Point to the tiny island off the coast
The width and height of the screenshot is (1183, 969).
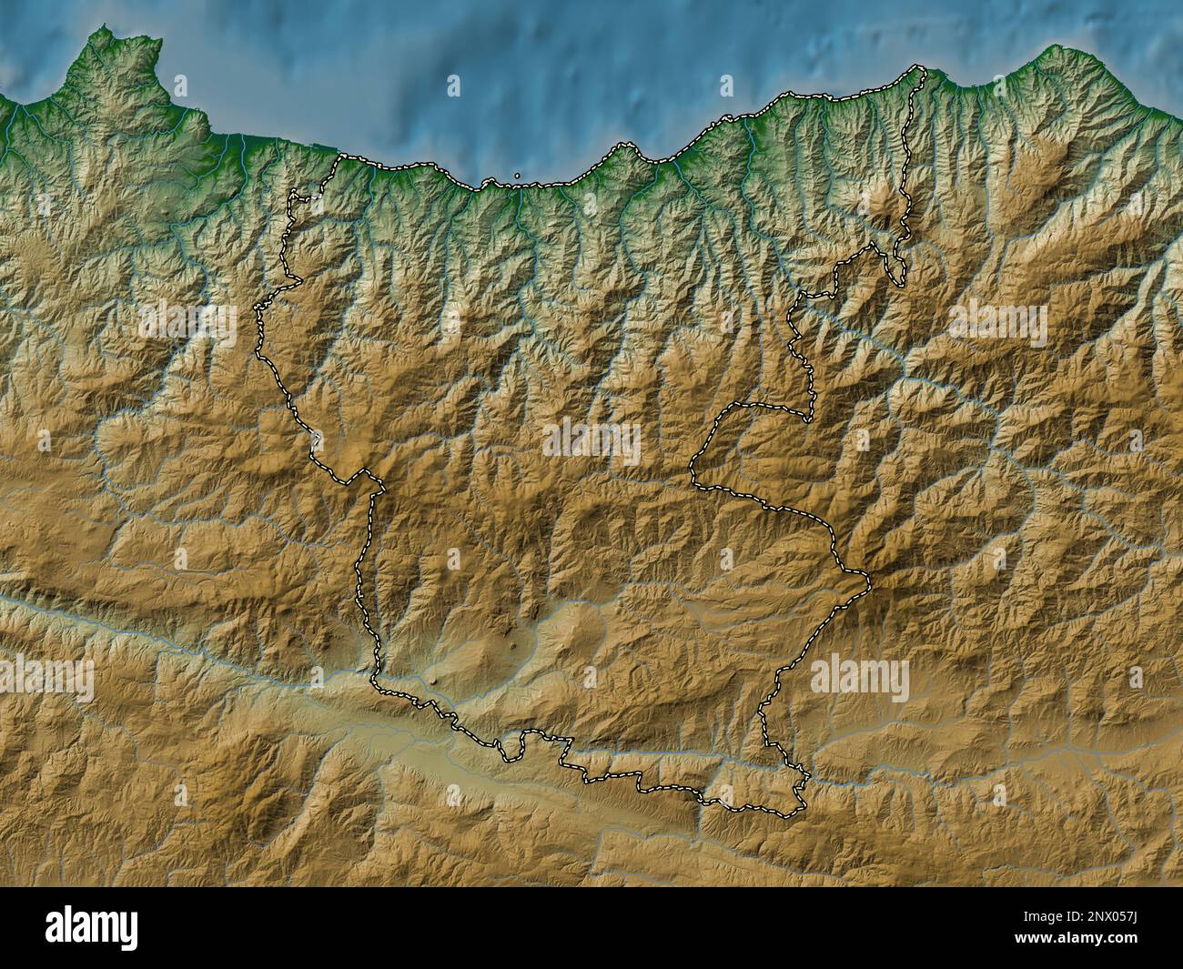click(517, 176)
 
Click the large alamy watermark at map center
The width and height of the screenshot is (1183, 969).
click(591, 441)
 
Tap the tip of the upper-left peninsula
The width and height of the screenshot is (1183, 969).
click(107, 32)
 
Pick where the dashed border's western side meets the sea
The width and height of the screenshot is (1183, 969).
click(342, 157)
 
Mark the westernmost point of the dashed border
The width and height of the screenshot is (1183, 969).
click(256, 314)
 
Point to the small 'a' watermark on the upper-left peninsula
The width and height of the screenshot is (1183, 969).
click(180, 86)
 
